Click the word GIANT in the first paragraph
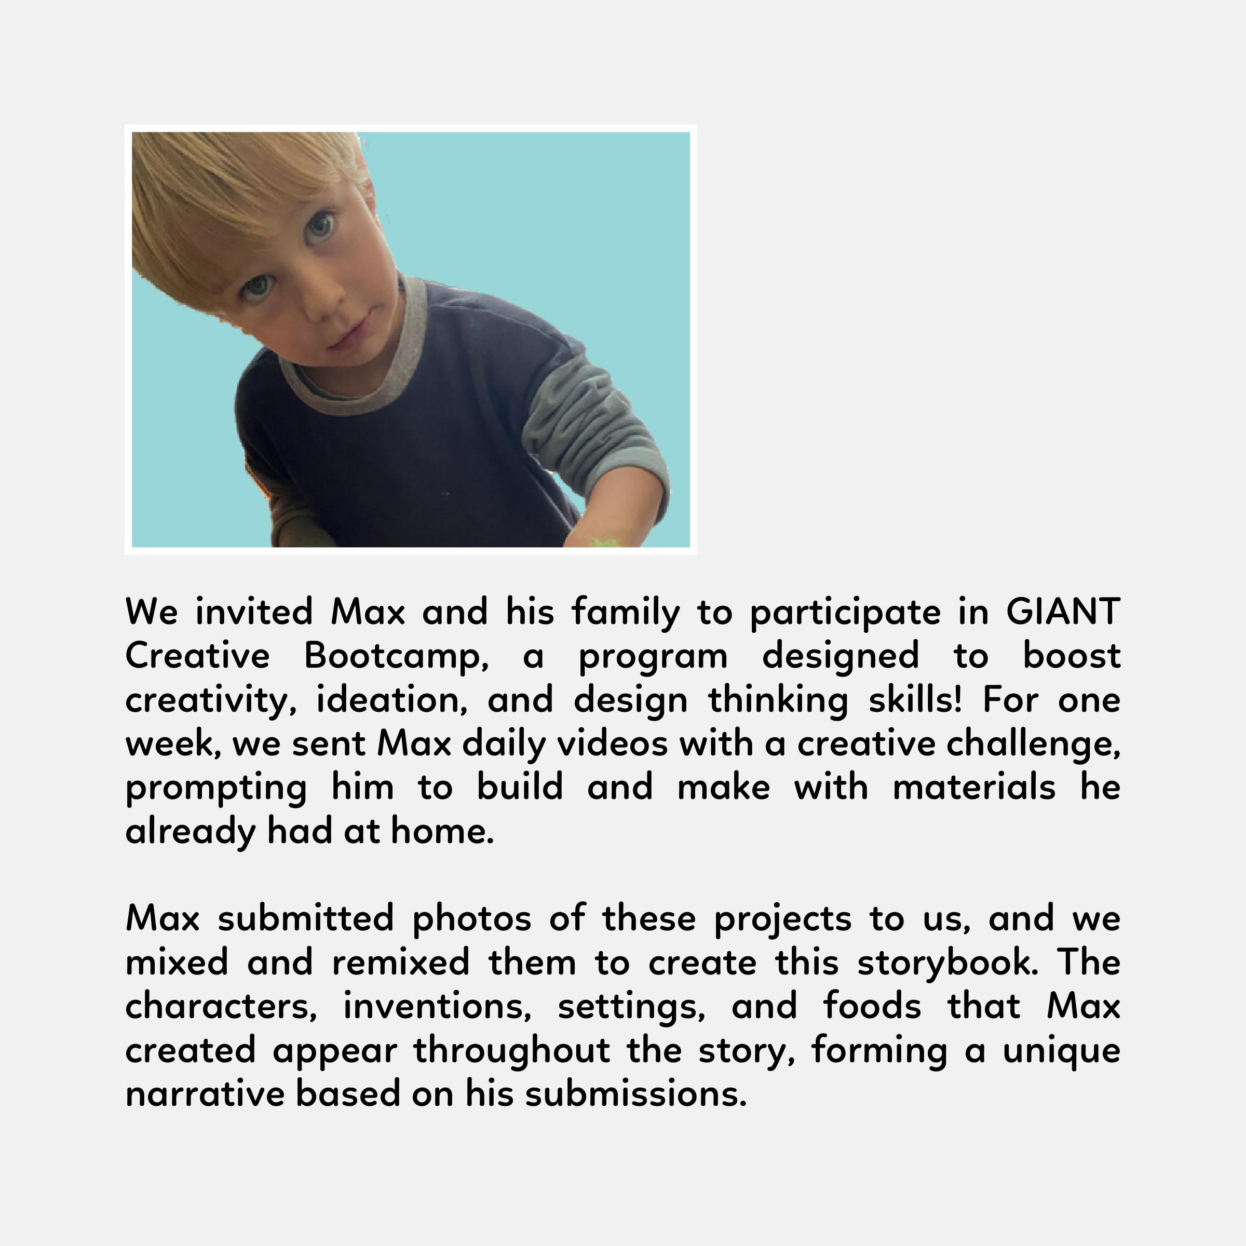click(1063, 612)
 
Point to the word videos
click(613, 743)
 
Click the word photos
click(471, 919)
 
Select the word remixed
click(400, 963)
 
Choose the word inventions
click(437, 1007)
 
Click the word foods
click(872, 1007)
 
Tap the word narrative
click(205, 1094)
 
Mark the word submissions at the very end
click(636, 1094)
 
